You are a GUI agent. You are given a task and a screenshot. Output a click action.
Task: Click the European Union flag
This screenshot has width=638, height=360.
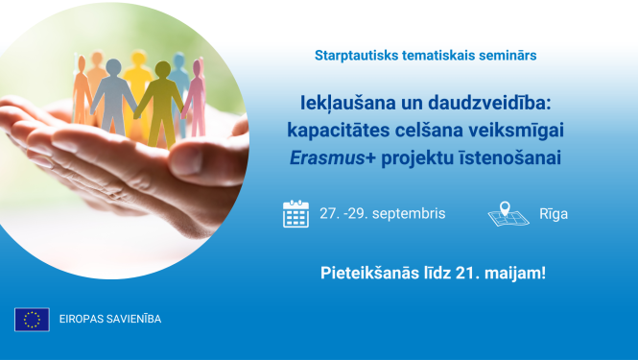tap(32, 319)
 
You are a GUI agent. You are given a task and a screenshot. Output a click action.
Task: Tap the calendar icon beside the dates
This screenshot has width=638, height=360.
tap(295, 213)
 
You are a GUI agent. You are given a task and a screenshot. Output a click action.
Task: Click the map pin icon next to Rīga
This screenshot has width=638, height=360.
tap(508, 213)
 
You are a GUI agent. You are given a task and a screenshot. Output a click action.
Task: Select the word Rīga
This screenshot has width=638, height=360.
tap(553, 214)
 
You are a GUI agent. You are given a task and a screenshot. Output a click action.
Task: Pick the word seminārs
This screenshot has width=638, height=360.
tap(506, 56)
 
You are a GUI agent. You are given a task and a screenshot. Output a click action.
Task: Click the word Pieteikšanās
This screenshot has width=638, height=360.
tap(370, 273)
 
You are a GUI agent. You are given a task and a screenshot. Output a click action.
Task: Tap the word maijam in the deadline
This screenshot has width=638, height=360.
tap(518, 273)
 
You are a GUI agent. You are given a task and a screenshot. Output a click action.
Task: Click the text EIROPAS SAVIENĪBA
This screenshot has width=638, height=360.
tap(110, 320)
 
